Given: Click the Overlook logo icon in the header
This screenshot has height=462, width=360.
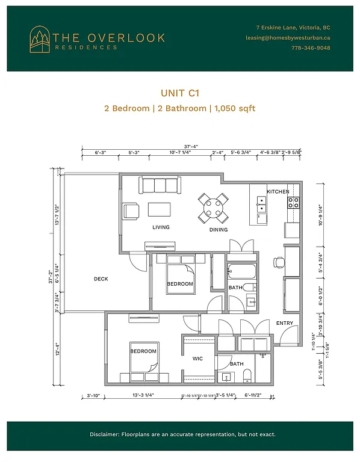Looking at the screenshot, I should (40, 39).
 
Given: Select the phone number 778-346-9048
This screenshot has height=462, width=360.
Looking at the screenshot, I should (310, 48).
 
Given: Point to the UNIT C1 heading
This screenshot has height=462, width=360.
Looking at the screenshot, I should (180, 93).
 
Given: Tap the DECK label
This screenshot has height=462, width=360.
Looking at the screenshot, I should (101, 279).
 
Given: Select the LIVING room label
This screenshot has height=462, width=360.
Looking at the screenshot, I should (161, 227).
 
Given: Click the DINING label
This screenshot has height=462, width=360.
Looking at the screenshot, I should (219, 229).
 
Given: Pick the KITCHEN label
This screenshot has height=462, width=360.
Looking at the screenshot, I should (278, 191).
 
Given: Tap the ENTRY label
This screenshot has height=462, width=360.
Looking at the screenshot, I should (284, 324).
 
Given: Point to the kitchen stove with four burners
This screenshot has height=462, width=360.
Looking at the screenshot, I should (293, 203).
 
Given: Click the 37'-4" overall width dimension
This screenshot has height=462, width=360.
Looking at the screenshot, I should (191, 145).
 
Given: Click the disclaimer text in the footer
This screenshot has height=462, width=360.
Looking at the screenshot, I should (180, 434).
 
